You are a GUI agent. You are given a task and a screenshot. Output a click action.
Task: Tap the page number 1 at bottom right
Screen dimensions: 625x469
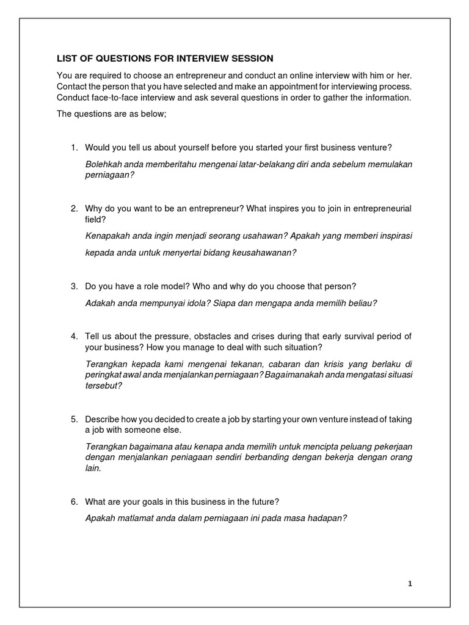410,583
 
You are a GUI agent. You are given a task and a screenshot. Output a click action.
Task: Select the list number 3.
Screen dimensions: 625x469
74,286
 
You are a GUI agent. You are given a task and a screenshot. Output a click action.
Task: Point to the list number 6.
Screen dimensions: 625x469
74,502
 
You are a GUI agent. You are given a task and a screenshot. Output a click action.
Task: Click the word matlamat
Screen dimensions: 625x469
139,518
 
